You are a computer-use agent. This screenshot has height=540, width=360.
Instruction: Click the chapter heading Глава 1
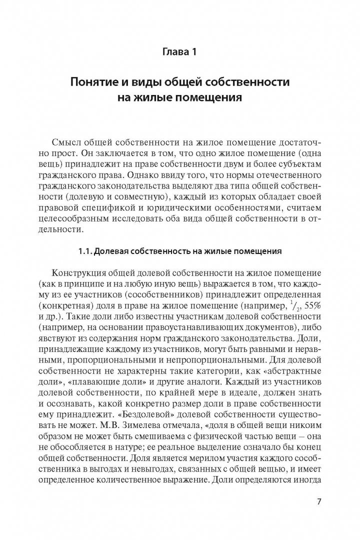tap(178, 50)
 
